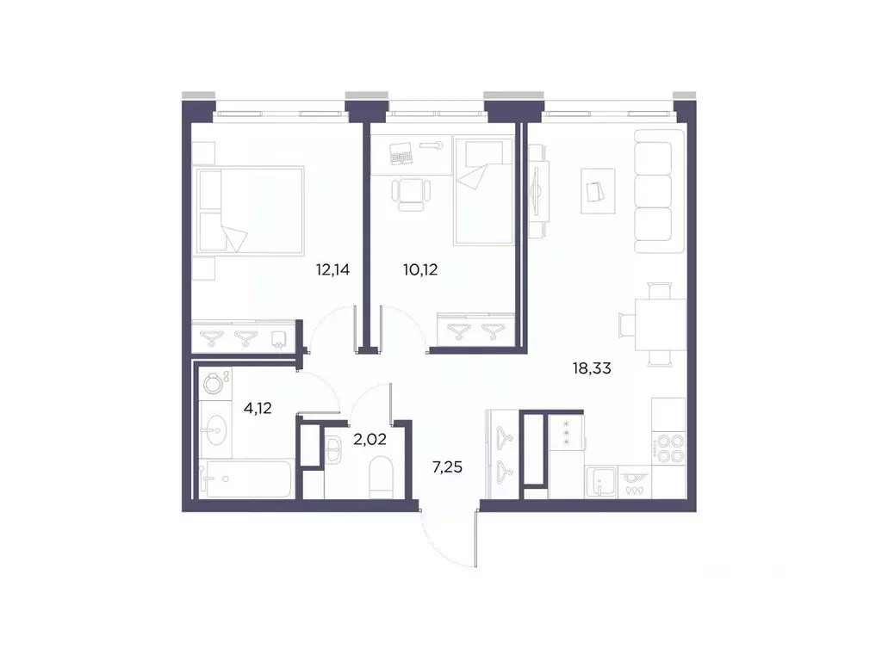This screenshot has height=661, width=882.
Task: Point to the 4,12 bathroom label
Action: pos(258,409)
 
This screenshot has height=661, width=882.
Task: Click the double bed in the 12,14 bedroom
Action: pos(250,211)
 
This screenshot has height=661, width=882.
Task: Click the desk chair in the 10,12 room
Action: pos(411,194)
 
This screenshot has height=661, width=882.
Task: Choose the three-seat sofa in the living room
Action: pos(652,191)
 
